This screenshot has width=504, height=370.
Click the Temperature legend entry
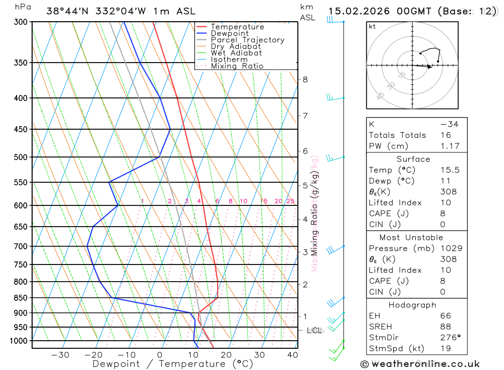pyautogui.click(x=237, y=27)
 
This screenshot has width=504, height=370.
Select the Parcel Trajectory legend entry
pyautogui.click(x=247, y=40)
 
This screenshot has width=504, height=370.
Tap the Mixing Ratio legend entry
pyautogui.click(x=237, y=66)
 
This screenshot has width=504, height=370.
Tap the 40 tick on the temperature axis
pyautogui.click(x=292, y=355)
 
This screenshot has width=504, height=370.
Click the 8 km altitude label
pyautogui.click(x=305, y=79)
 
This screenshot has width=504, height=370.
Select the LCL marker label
pyautogui.click(x=314, y=331)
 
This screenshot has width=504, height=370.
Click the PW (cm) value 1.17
pyautogui.click(x=449, y=146)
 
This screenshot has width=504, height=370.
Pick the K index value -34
pyautogui.click(x=449, y=124)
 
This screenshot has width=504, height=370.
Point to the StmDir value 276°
pyautogui.click(x=449, y=337)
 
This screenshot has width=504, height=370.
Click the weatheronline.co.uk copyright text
pyautogui.click(x=420, y=364)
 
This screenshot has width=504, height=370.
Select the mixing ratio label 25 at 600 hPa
pyautogui.click(x=290, y=201)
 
